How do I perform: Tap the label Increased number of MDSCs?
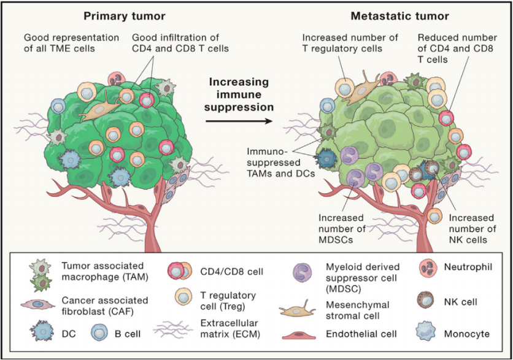coord(341,228)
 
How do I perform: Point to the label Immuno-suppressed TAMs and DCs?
coord(279,162)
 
